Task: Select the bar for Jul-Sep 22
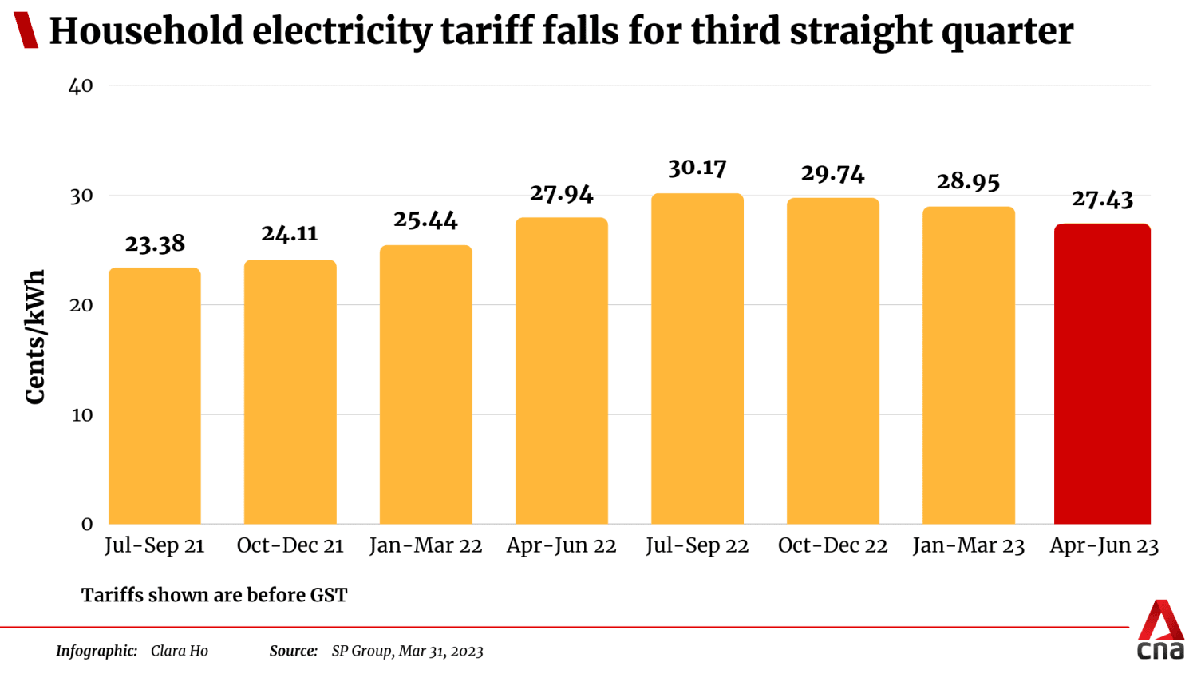click(697, 359)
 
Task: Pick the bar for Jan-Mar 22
click(425, 384)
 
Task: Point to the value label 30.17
click(697, 168)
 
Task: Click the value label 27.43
click(1102, 199)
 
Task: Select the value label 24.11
click(290, 234)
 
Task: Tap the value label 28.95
click(968, 182)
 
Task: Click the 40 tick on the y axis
click(81, 86)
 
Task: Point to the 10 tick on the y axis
click(81, 415)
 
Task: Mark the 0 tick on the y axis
click(87, 525)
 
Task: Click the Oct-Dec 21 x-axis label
click(290, 546)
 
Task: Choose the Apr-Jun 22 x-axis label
click(561, 546)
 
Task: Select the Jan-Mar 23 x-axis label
click(968, 546)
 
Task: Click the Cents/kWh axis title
click(35, 337)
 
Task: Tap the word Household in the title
click(147, 32)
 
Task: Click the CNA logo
click(1160, 631)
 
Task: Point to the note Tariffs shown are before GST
click(214, 596)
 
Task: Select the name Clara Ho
click(180, 652)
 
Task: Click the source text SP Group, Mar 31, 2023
click(407, 652)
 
